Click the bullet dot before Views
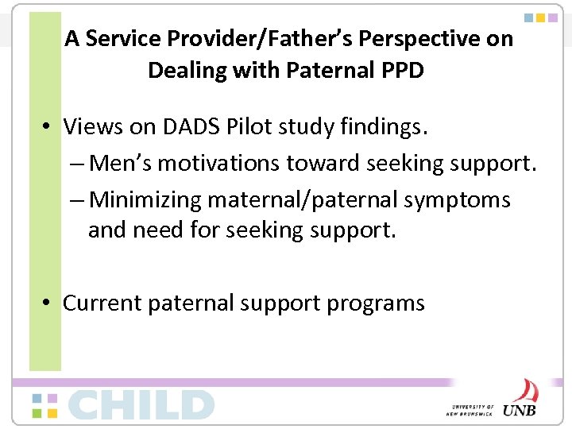(48, 127)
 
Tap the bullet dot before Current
(48, 303)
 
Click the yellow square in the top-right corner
(541, 17)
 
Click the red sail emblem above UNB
(524, 391)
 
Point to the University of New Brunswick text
(472, 409)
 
